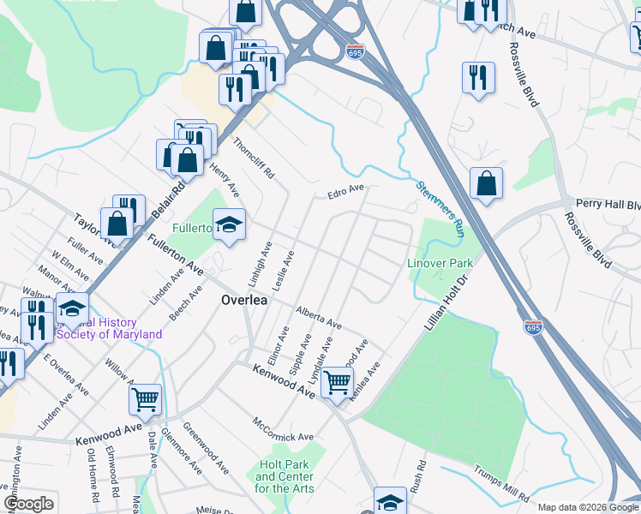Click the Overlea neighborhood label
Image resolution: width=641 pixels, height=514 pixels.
click(244, 301)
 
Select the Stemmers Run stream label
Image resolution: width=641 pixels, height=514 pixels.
click(440, 209)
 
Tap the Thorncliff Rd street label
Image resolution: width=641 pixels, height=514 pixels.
click(254, 158)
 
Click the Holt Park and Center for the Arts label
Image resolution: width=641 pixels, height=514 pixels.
click(285, 476)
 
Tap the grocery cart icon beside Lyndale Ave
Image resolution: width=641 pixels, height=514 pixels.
click(338, 381)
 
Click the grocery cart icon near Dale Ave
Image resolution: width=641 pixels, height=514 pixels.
click(146, 398)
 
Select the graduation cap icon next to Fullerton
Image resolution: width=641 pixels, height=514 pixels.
click(229, 226)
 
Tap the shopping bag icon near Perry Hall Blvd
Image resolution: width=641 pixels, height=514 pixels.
click(486, 183)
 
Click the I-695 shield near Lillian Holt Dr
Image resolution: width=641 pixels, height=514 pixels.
click(532, 326)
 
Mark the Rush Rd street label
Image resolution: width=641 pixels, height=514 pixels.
click(418, 476)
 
